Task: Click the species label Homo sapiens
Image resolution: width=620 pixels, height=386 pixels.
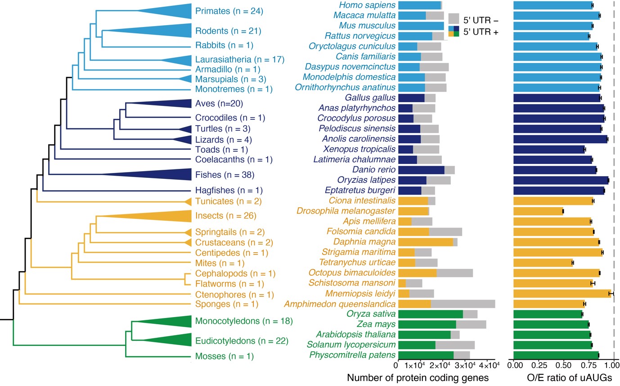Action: (x=367, y=5)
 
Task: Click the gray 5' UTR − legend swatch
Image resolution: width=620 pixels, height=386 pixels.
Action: (x=454, y=19)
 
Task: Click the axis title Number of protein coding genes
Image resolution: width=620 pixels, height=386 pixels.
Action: (x=418, y=378)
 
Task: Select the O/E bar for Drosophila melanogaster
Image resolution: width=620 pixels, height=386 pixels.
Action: (x=538, y=211)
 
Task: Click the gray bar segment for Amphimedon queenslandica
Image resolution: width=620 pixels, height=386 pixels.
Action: (x=463, y=304)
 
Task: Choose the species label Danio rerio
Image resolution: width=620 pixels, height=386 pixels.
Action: (x=374, y=170)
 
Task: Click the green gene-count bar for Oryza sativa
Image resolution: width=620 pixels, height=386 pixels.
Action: (x=431, y=314)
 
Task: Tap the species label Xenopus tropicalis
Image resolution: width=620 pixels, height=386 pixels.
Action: (x=359, y=149)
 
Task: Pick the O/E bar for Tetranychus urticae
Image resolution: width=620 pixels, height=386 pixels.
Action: (x=543, y=263)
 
